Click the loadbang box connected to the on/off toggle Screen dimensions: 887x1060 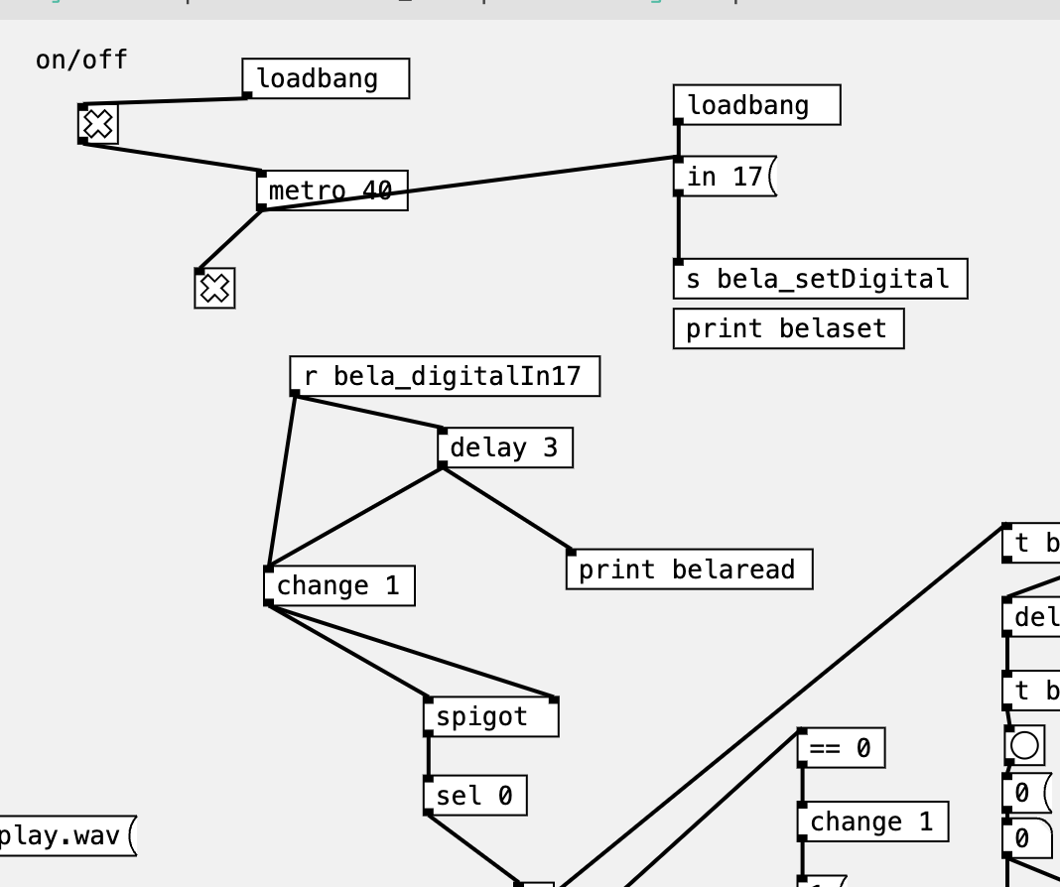pyautogui.click(x=325, y=78)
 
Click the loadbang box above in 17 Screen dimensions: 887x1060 pyautogui.click(x=755, y=105)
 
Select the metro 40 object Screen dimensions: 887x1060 pyautogui.click(x=331, y=190)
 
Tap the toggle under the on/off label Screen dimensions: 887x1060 pyautogui.click(x=98, y=125)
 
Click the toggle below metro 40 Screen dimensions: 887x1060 pyautogui.click(x=214, y=289)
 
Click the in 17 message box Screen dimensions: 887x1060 pyautogui.click(x=724, y=177)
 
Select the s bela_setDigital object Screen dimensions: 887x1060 pyautogui.click(x=819, y=279)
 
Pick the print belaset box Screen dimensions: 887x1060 pyautogui.click(x=787, y=328)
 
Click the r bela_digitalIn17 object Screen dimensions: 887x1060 pyautogui.click(x=444, y=376)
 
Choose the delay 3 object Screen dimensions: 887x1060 pyautogui.click(x=504, y=447)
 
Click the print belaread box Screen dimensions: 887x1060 pyautogui.click(x=688, y=570)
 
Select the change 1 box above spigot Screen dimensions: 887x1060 pyautogui.click(x=338, y=585)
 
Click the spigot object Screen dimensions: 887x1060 pyautogui.click(x=490, y=716)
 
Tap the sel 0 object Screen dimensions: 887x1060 pyautogui.click(x=474, y=796)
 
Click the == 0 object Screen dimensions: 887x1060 pyautogui.click(x=840, y=748)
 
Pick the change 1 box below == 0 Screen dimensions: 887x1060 pyautogui.click(x=871, y=822)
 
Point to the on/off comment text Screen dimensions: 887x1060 pyautogui.click(x=81, y=60)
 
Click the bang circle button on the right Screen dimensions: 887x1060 pyautogui.click(x=1024, y=745)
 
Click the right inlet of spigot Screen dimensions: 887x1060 pyautogui.click(x=554, y=700)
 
